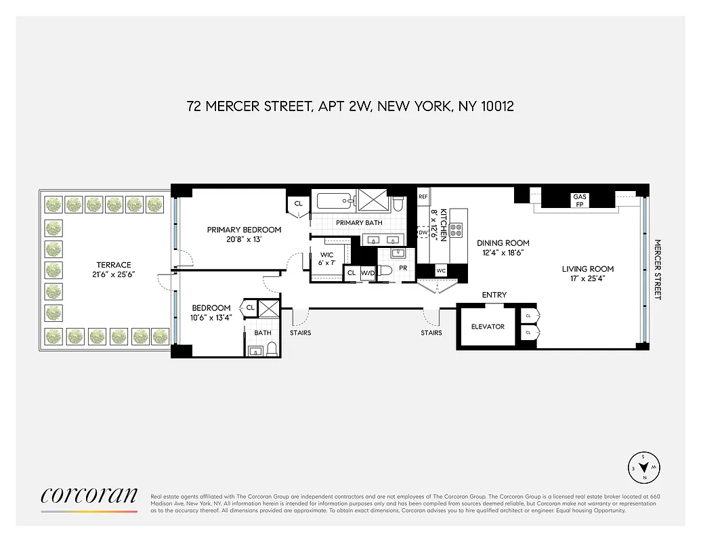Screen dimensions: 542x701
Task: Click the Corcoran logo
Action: [89, 495]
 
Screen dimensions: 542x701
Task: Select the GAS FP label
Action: [580, 200]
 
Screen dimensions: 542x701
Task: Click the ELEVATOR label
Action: [488, 327]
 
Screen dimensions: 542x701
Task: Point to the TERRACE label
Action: [114, 265]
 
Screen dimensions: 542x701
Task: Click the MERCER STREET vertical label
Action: [656, 269]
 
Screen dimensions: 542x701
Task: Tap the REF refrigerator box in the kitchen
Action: [423, 196]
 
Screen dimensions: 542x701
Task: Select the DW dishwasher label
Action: [423, 232]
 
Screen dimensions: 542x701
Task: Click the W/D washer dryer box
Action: [368, 273]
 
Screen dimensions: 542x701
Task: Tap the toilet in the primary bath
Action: [399, 203]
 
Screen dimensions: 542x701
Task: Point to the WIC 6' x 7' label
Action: [328, 259]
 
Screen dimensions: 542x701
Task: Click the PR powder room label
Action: [403, 268]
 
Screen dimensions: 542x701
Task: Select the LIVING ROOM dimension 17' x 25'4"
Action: [587, 279]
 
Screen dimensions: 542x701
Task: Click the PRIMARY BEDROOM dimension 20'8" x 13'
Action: [244, 240]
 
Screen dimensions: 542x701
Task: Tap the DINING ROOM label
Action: [503, 243]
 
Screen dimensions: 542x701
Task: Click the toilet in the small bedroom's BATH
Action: [272, 348]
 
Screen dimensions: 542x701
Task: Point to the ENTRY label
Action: [494, 295]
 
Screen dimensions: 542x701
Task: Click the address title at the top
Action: [350, 106]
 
